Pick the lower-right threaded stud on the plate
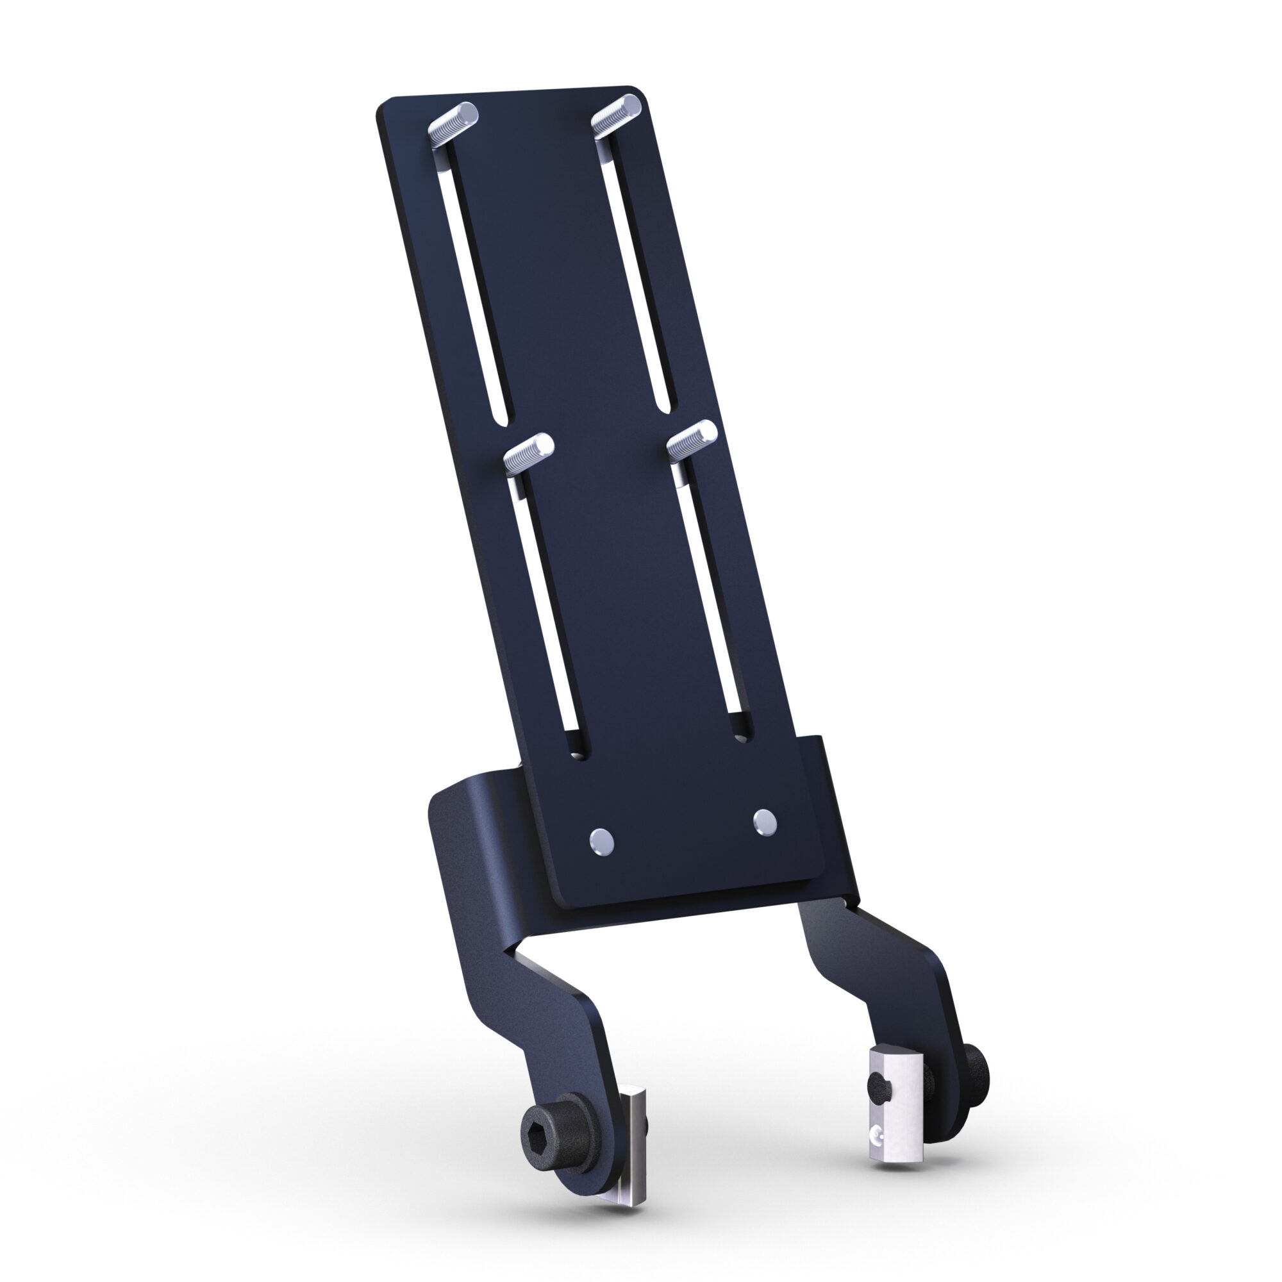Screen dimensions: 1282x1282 (692, 440)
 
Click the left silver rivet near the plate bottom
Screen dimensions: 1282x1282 (601, 842)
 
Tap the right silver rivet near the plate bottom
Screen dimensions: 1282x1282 (765, 822)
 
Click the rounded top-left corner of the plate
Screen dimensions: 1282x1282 (383, 106)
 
